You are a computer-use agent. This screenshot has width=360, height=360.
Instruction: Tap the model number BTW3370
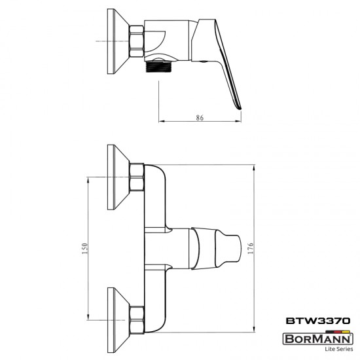(319, 321)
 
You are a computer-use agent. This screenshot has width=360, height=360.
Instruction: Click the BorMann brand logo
(319, 339)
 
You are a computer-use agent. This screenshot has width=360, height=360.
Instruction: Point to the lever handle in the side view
(226, 65)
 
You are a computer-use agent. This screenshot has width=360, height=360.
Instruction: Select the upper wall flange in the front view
(118, 177)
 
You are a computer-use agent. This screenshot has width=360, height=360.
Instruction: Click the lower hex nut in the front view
(137, 319)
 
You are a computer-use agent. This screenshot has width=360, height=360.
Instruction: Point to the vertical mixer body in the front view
(156, 249)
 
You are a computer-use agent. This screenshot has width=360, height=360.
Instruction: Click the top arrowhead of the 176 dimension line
(255, 166)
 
